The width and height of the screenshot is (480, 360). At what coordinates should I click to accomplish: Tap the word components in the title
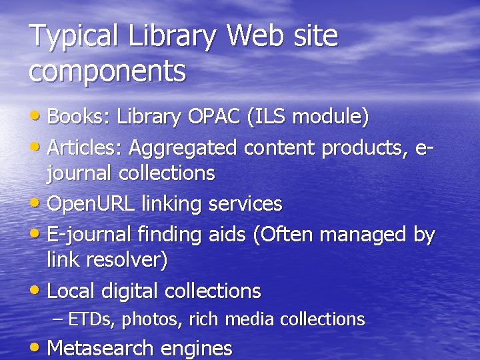tap(107, 71)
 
